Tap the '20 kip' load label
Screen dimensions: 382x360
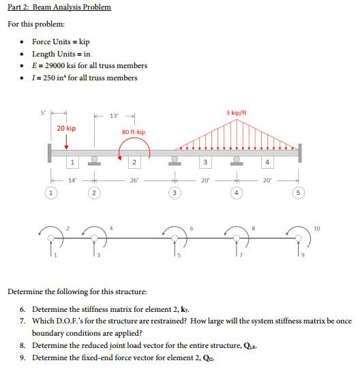coord(66,128)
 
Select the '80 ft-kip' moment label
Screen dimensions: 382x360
coord(133,131)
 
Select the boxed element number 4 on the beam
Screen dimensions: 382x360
coord(267,161)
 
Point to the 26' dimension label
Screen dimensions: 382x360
coord(134,181)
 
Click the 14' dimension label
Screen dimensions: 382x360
coord(70,181)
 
